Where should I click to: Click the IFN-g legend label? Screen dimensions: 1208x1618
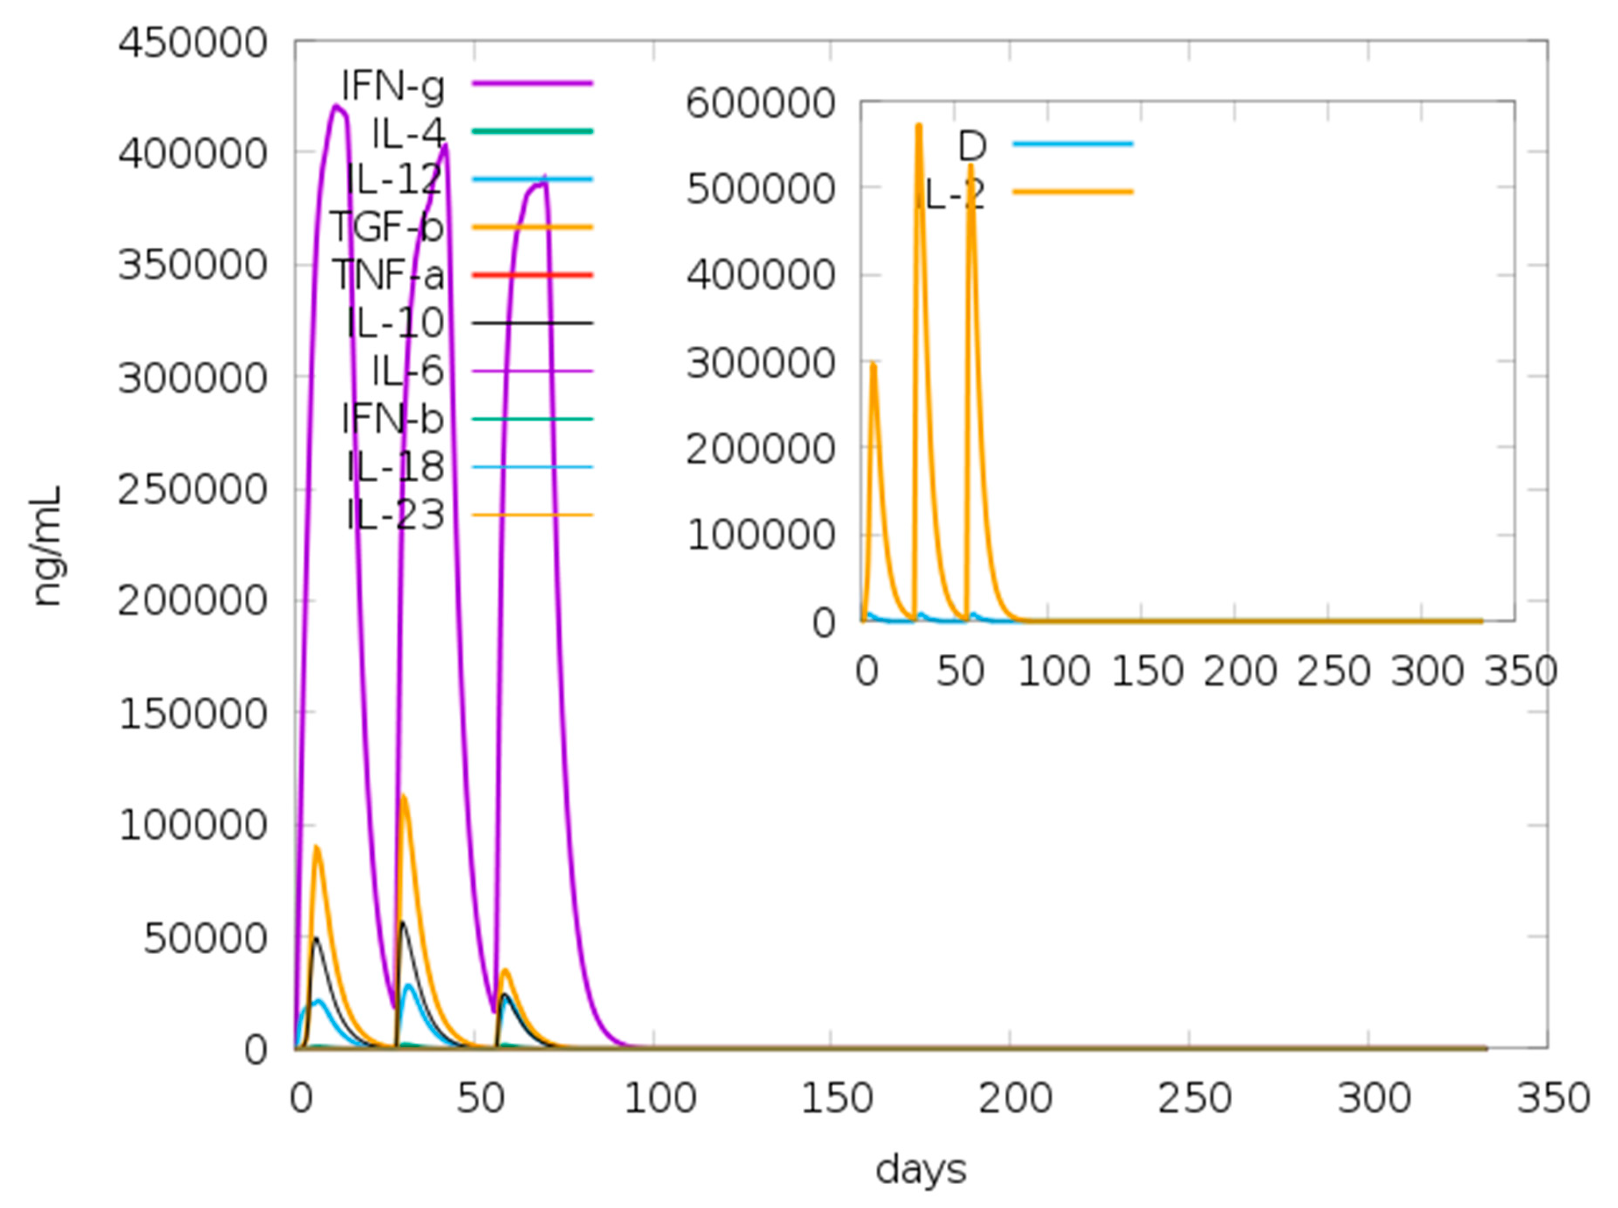393,86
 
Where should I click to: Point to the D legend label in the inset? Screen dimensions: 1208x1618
972,146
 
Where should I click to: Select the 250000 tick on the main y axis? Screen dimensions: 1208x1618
192,489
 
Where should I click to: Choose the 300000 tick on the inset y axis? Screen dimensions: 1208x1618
760,363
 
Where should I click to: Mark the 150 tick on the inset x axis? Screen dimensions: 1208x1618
1147,670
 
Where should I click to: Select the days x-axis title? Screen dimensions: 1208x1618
921,1169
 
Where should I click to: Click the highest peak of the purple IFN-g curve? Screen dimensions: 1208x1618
336,106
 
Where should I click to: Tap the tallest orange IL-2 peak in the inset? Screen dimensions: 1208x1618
919,126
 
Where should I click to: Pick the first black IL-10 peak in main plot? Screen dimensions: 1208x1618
315,938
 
